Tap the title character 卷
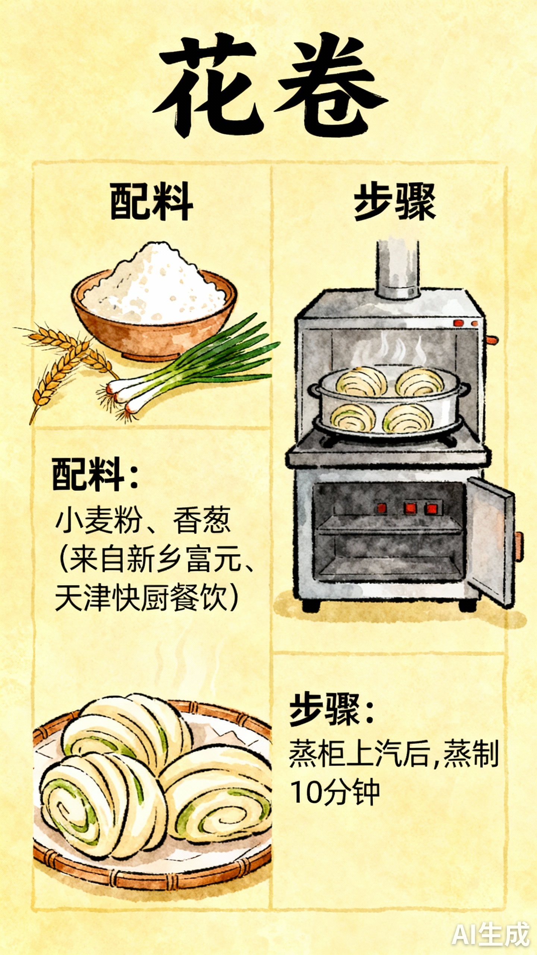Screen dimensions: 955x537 pos(330,86)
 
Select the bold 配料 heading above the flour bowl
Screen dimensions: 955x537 pos(151,201)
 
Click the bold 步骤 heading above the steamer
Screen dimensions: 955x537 pos(395,201)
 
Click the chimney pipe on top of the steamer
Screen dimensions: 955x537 pos(398,269)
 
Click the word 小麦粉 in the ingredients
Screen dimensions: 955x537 pos(99,520)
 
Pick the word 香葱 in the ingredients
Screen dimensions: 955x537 pos(201,520)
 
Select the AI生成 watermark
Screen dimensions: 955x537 pos(490,934)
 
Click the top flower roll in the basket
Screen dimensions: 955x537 pos(127,727)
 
